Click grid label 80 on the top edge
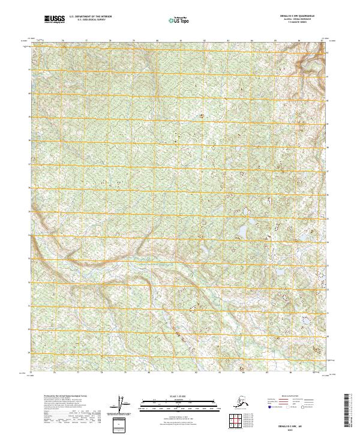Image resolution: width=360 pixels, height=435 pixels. [x=157, y=41]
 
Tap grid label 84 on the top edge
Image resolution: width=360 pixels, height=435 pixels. [x=251, y=41]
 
